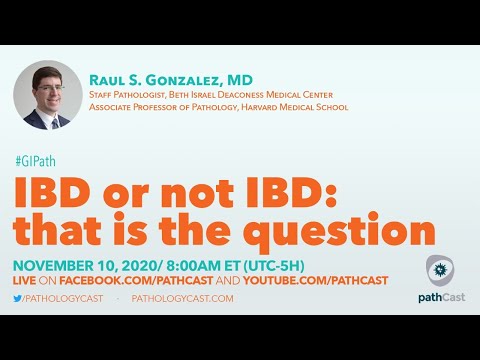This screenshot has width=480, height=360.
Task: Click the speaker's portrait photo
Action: tap(48, 95)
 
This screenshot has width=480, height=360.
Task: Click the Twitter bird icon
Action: tap(19, 298)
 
